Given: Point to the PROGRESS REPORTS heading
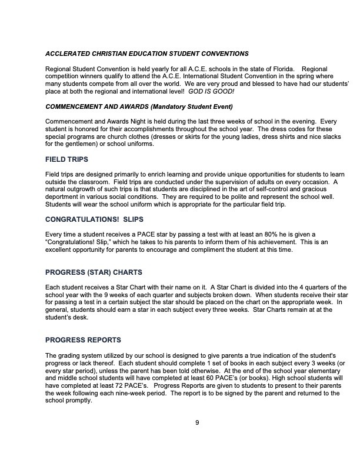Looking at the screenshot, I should click(x=83, y=340).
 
